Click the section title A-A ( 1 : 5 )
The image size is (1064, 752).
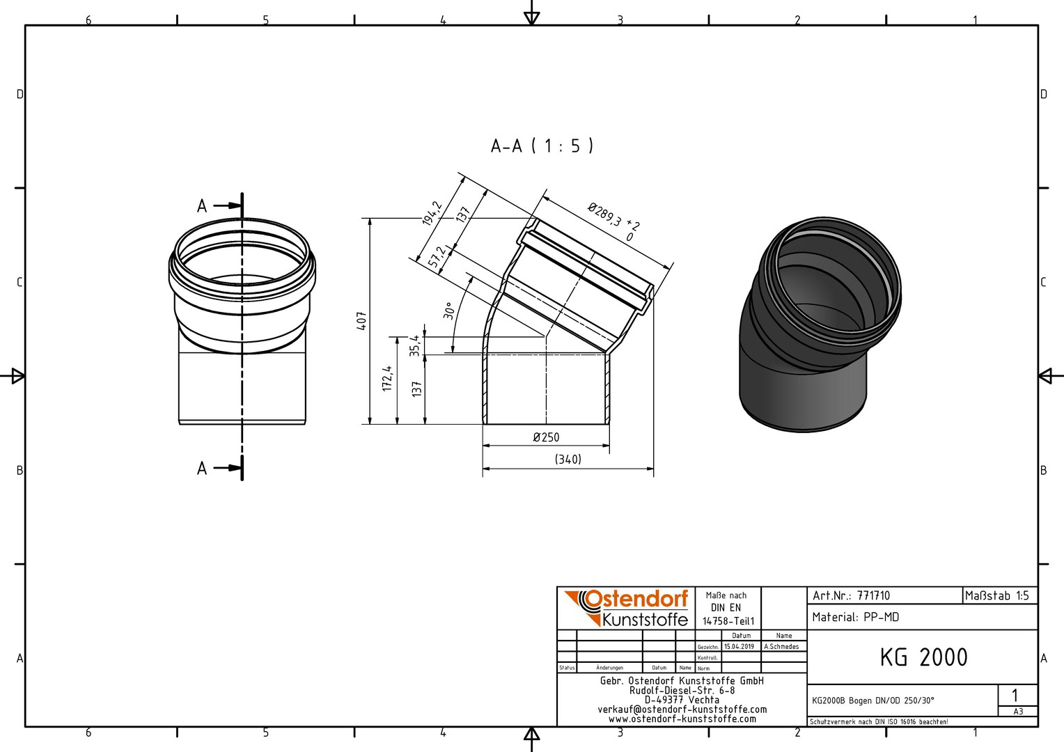pyautogui.click(x=542, y=146)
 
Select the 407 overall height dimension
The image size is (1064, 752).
pyautogui.click(x=361, y=321)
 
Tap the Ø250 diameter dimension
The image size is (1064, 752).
pyautogui.click(x=546, y=437)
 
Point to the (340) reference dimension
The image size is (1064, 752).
pyautogui.click(x=568, y=460)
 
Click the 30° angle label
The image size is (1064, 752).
pyautogui.click(x=448, y=311)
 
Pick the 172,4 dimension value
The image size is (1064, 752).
pyautogui.click(x=388, y=379)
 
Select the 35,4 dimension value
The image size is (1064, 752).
pyautogui.click(x=415, y=345)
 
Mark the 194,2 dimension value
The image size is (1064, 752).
pyautogui.click(x=432, y=213)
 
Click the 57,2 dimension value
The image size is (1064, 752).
pyautogui.click(x=437, y=257)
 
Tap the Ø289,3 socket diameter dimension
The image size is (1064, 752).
pyautogui.click(x=613, y=221)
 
